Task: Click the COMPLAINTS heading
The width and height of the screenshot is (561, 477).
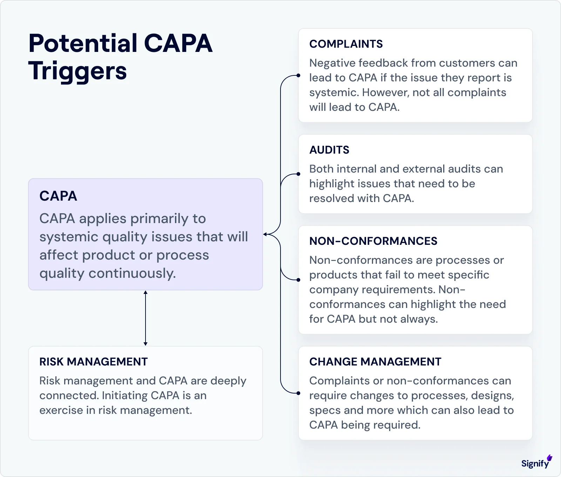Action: point(346,44)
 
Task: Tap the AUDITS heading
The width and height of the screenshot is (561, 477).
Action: point(329,150)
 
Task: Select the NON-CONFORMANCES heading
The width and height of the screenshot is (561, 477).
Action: point(373,241)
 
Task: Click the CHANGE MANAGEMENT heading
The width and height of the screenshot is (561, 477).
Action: point(375,362)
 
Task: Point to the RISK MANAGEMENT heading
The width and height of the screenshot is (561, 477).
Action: point(93,362)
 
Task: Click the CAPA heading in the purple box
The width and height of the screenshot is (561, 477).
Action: point(58,196)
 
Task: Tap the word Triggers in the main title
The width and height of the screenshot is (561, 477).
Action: point(77,71)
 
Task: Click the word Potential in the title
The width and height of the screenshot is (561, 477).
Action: point(83,43)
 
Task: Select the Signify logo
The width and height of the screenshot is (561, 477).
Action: point(536,463)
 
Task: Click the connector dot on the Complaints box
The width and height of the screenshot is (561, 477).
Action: point(298,75)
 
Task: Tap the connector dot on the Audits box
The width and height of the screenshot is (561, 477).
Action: point(298,174)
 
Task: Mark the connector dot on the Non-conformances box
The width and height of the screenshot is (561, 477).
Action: point(298,280)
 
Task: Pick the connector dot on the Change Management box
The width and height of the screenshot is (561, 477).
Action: point(298,393)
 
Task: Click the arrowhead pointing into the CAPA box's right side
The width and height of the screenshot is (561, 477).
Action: point(265,234)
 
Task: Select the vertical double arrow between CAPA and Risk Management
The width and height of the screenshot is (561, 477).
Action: point(146,318)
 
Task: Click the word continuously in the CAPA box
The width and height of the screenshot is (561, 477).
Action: point(132,273)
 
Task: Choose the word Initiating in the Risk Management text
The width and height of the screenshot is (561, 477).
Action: point(124,396)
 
